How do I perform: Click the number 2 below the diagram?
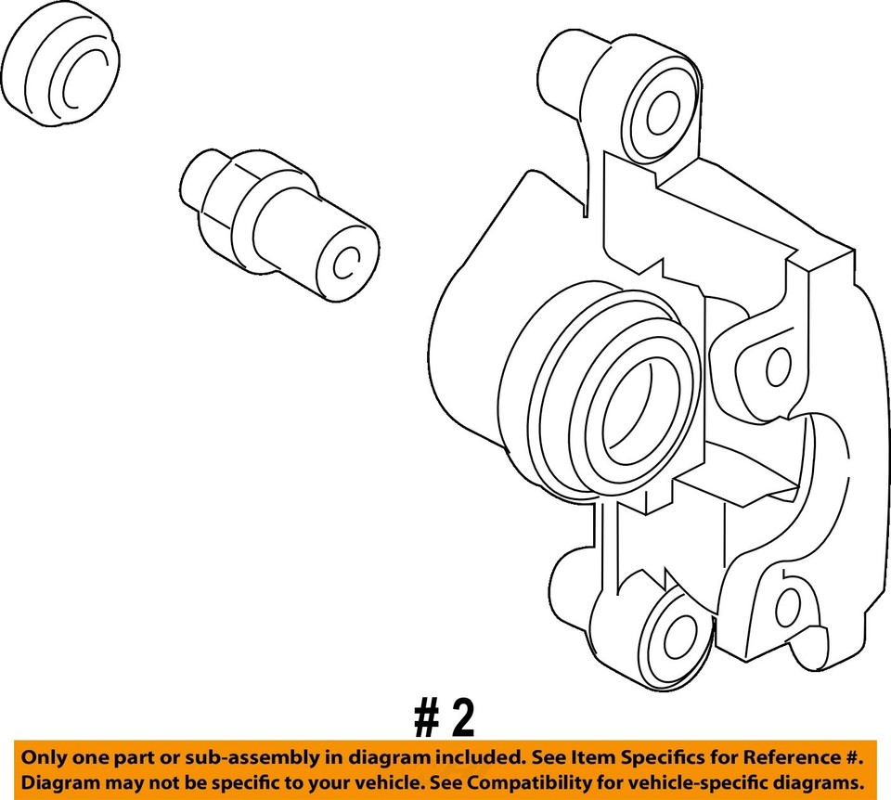pos(462,718)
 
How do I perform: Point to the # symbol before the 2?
pos(426,718)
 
